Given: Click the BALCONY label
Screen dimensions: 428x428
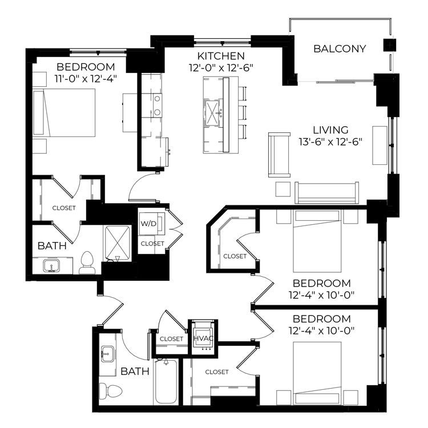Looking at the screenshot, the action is click(x=340, y=49).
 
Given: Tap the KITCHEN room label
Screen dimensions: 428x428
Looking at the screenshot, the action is click(x=221, y=56).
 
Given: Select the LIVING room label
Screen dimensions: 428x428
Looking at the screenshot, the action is click(x=330, y=130).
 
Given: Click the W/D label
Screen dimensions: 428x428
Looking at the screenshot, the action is click(x=148, y=224).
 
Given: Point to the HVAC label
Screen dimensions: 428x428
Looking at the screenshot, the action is click(x=203, y=338).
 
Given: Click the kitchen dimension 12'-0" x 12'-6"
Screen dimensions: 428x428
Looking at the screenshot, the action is click(x=221, y=68).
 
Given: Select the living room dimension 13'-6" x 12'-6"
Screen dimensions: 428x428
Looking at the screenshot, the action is click(x=330, y=142).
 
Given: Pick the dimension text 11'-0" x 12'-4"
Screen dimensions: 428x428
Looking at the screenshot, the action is click(x=86, y=79).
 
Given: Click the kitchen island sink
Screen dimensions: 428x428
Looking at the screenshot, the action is click(x=212, y=113).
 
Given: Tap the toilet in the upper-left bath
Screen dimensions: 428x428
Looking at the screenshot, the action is click(x=87, y=263).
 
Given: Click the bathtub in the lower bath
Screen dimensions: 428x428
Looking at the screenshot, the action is click(x=166, y=382).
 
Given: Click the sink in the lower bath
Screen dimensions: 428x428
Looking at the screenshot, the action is click(x=107, y=354).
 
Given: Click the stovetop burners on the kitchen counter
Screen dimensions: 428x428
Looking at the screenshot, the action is click(x=158, y=106).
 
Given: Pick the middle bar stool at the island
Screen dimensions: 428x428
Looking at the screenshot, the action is click(x=243, y=113).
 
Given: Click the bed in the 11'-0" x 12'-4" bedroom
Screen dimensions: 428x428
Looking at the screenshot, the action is click(x=64, y=112).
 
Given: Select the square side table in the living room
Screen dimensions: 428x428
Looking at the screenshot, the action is click(x=283, y=189).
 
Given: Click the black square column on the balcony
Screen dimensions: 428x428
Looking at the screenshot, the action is click(x=390, y=45).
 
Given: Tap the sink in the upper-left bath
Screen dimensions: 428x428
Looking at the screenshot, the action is click(x=51, y=265).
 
